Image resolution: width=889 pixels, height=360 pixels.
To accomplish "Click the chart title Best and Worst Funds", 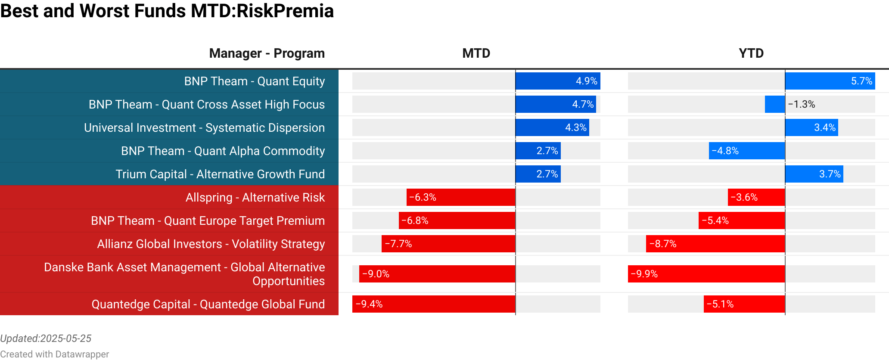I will click(x=167, y=11).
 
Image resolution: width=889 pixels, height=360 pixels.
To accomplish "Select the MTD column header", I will click(x=476, y=53).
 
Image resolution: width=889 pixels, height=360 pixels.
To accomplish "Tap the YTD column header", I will click(x=751, y=53).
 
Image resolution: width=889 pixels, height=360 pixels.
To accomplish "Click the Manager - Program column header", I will click(x=267, y=53).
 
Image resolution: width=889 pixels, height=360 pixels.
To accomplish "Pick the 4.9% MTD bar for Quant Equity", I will click(x=557, y=81).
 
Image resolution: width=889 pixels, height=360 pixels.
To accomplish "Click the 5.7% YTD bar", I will click(x=830, y=81).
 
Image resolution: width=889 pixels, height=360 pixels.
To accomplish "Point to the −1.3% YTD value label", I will click(x=802, y=104).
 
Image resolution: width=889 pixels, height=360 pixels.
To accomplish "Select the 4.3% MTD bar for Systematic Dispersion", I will click(x=552, y=127).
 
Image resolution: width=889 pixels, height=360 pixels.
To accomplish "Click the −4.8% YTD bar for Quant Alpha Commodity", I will click(x=746, y=151).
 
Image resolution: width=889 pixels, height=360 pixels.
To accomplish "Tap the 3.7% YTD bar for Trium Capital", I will click(x=814, y=174).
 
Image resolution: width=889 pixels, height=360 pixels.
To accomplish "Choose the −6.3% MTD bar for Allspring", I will click(x=460, y=197).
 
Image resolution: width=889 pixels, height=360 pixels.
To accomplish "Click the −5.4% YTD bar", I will click(x=741, y=220).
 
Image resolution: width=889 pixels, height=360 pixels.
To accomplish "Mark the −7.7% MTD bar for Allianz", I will click(x=448, y=244).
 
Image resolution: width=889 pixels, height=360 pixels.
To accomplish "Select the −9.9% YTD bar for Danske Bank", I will click(x=706, y=274).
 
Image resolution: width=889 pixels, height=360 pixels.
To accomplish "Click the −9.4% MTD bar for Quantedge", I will click(x=433, y=304).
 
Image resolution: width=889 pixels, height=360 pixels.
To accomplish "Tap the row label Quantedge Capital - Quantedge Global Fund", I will click(x=208, y=304).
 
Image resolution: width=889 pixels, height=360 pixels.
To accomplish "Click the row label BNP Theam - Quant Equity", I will click(x=254, y=81).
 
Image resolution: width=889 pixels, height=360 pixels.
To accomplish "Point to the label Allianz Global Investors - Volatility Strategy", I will click(x=211, y=244).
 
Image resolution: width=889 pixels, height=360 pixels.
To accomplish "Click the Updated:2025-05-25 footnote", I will click(x=46, y=338).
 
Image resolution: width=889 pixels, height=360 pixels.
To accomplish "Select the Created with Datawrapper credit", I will click(x=54, y=354).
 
